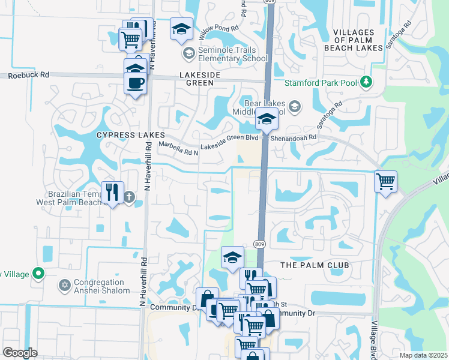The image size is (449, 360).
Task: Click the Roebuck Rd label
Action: (x=29, y=76)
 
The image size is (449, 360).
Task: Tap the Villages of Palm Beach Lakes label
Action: (x=357, y=40)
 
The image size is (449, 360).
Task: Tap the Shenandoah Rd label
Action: (x=293, y=137)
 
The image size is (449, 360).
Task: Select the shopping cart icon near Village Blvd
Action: (x=385, y=181)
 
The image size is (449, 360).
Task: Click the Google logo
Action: (x=20, y=353)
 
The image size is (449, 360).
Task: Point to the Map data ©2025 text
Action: (x=424, y=355)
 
